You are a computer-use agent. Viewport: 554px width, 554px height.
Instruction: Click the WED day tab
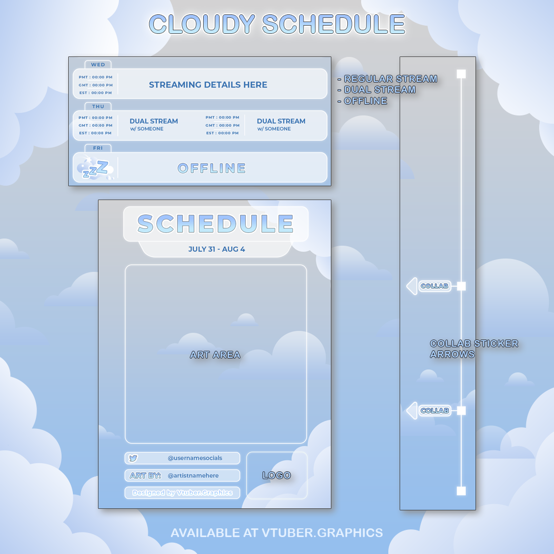point(98,65)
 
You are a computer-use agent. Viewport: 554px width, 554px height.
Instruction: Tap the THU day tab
point(98,107)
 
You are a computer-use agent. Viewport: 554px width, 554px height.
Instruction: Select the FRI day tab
point(98,148)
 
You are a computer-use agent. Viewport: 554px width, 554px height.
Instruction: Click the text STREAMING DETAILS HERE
point(208,85)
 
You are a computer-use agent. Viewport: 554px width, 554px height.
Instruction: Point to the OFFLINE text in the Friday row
point(212,168)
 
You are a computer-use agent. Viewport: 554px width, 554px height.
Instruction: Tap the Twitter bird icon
point(133,458)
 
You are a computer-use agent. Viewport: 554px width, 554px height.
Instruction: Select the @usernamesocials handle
point(195,458)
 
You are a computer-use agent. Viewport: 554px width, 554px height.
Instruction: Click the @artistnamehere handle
point(193,476)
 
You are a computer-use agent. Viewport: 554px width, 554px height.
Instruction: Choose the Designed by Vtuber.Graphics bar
point(182,493)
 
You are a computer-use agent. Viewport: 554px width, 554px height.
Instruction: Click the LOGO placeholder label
point(276,476)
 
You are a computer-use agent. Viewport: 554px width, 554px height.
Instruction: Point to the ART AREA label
point(215,355)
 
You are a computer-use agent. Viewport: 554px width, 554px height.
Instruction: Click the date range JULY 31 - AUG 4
point(216,249)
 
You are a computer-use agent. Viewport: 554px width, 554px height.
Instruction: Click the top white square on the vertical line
point(461,74)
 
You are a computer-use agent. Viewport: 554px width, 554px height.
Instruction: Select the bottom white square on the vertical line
point(461,491)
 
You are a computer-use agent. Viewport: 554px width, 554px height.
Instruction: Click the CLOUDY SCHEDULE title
point(277,24)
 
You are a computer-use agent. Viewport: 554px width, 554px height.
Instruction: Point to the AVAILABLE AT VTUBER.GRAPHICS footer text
point(276,533)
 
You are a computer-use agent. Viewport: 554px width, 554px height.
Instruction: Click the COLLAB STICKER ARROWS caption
point(473,349)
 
